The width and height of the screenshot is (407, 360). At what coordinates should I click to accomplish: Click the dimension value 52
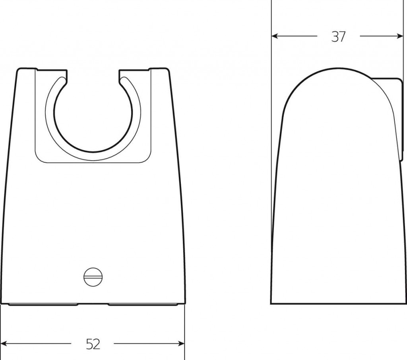[93, 344]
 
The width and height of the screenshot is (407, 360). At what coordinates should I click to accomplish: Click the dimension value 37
[339, 37]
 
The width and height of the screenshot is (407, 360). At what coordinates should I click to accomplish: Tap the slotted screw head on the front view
[93, 277]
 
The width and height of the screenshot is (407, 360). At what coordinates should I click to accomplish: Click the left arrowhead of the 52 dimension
[5, 344]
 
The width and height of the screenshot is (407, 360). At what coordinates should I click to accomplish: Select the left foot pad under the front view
[43, 304]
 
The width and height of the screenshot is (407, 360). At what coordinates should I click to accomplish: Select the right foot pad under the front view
[143, 304]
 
